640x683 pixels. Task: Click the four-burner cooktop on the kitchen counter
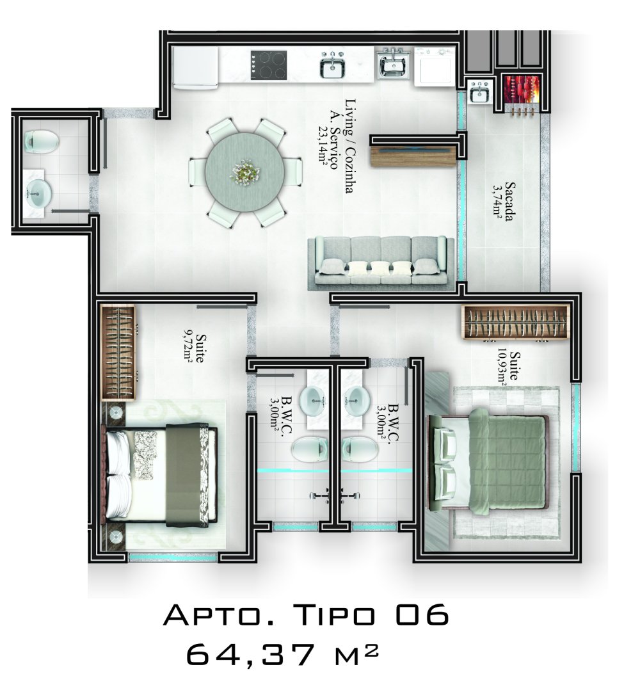point(269,65)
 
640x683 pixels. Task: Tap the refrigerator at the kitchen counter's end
point(195,67)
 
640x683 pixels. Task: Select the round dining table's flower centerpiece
point(244,172)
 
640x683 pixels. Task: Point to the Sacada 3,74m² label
point(503,202)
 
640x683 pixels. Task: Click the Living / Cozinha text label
point(350,146)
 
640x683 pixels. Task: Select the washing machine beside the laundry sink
point(435,66)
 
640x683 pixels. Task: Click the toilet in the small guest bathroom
point(41,141)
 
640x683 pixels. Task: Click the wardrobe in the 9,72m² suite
point(118,353)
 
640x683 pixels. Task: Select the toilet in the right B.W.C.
point(360,449)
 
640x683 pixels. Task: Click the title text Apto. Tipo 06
point(307,615)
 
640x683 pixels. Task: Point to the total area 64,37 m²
point(282,654)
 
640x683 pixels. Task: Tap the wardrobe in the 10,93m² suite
point(516,322)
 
